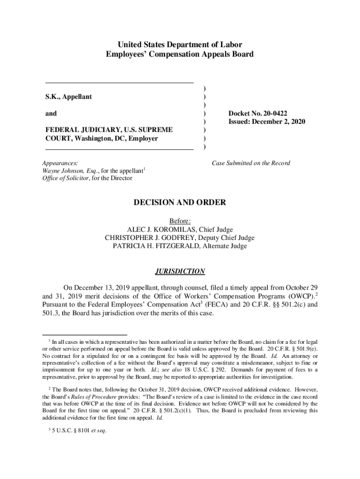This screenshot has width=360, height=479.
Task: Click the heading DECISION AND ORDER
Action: tap(180, 203)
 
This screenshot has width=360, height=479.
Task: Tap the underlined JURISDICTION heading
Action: tap(180, 271)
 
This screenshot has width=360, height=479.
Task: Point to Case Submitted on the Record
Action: tap(251, 163)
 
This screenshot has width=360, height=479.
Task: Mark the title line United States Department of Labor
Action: tap(180, 45)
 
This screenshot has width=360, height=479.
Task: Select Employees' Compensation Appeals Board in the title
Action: tap(180, 54)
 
